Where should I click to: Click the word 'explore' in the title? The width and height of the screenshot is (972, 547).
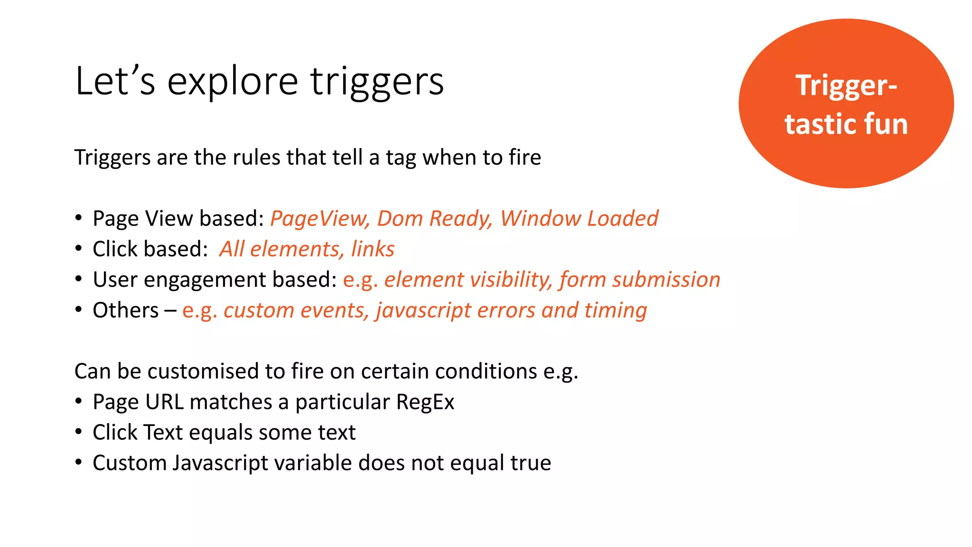(232, 82)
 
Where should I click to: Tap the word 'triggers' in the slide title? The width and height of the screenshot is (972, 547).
(377, 82)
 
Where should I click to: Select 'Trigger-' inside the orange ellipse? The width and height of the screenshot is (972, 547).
(846, 85)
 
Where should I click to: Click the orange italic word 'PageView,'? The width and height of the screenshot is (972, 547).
(320, 219)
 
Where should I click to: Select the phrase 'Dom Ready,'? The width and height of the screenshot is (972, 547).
(435, 219)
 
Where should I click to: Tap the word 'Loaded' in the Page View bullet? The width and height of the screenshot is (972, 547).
(623, 219)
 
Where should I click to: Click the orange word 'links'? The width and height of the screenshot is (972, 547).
(373, 249)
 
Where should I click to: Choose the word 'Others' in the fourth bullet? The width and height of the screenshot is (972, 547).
(125, 311)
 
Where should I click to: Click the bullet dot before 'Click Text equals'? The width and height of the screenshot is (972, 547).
(78, 432)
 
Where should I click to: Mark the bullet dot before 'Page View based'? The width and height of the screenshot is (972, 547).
(78, 218)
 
